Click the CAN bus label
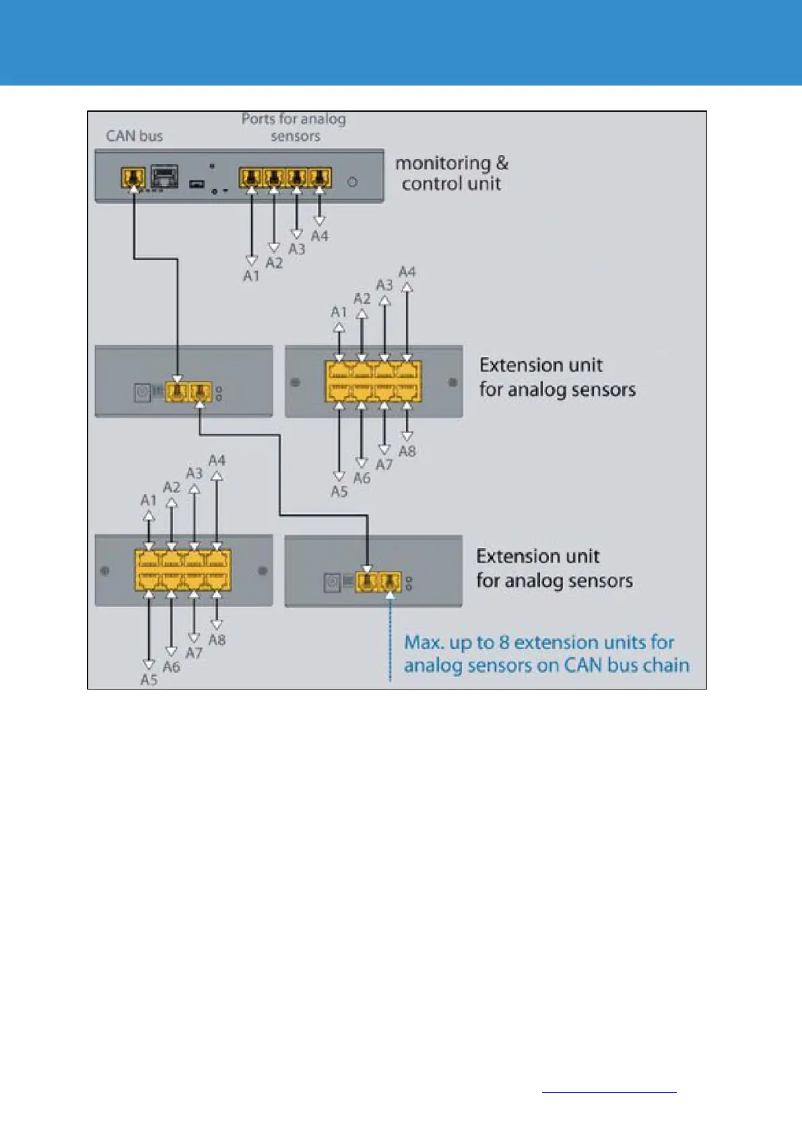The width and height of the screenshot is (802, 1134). point(134,136)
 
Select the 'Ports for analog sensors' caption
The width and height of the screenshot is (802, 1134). point(294,127)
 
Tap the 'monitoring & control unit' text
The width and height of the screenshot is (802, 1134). point(451,173)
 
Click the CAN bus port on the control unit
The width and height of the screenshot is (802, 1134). point(133,178)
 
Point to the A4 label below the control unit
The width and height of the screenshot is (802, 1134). point(319,236)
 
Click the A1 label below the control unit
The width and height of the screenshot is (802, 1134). point(251,276)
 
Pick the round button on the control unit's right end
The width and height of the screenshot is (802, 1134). point(352,182)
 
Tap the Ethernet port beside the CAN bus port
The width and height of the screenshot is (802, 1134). point(164,178)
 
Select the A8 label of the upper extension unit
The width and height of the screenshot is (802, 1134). point(407,451)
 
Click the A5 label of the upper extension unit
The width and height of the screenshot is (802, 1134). point(339,492)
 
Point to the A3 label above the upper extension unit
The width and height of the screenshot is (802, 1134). point(384,285)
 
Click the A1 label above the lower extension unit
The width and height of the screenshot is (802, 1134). point(148,500)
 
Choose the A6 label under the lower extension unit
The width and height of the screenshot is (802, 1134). point(171,667)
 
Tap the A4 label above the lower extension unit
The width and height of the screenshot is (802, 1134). point(216,461)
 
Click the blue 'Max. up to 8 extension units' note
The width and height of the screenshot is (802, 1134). point(546,654)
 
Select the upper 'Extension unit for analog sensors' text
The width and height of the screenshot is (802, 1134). point(557,377)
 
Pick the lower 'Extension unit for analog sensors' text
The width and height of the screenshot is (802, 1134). point(554,568)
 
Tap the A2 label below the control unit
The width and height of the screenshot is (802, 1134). point(273,263)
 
